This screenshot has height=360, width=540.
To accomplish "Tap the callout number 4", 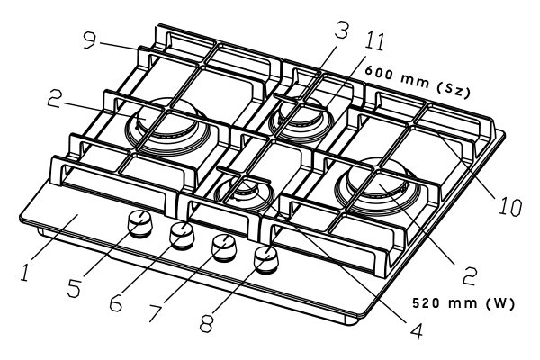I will [415, 330].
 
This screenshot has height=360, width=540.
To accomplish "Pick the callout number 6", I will [115, 303].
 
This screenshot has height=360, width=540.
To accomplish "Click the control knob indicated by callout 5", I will [139, 225].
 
